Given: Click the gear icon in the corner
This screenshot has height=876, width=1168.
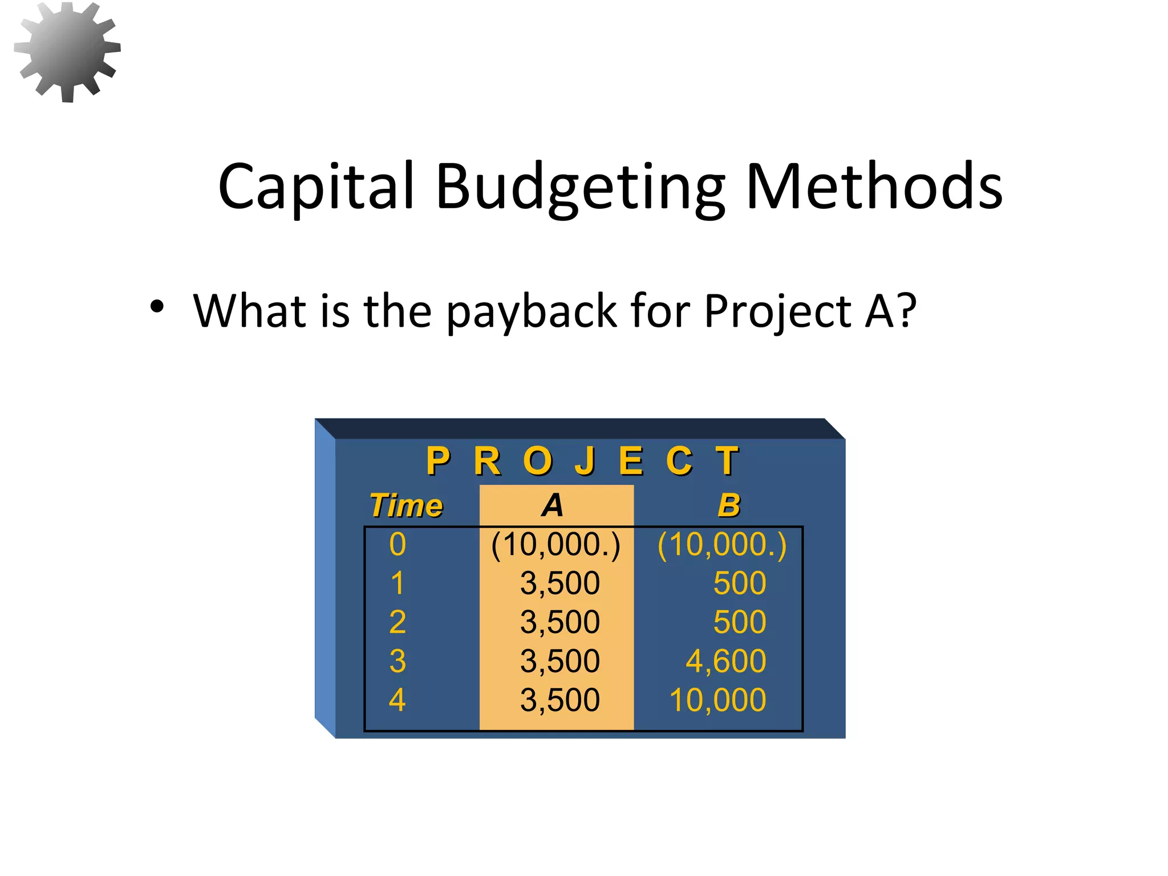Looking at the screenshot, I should click(67, 51).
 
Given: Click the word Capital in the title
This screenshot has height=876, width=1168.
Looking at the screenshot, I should click(315, 186).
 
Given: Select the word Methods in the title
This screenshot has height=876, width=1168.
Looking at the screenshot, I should click(874, 186).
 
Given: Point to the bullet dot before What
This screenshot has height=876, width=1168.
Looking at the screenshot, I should click(157, 307).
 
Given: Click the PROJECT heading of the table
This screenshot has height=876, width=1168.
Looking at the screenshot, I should click(582, 461).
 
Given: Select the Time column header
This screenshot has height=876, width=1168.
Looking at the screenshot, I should click(406, 505).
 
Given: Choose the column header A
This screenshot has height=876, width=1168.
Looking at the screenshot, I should click(553, 505).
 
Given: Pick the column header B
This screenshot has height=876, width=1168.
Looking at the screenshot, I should click(729, 505).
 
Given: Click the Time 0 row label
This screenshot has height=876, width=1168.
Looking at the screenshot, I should click(398, 544).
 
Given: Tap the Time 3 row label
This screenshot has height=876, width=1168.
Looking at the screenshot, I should click(398, 662).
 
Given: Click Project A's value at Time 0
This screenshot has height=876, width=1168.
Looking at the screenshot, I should click(555, 545).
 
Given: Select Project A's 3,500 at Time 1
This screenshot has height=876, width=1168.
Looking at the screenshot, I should click(559, 583).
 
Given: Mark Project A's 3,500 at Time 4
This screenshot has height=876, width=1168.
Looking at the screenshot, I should click(559, 700).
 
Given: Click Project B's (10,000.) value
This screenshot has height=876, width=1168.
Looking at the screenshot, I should click(721, 545).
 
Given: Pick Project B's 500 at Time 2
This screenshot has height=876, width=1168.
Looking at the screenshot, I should click(739, 622).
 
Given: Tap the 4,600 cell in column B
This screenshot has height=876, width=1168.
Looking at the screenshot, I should click(725, 662).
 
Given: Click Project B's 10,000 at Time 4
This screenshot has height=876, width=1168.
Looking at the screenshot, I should click(717, 700).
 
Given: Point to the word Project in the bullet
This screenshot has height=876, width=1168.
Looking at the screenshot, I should click(779, 311).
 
